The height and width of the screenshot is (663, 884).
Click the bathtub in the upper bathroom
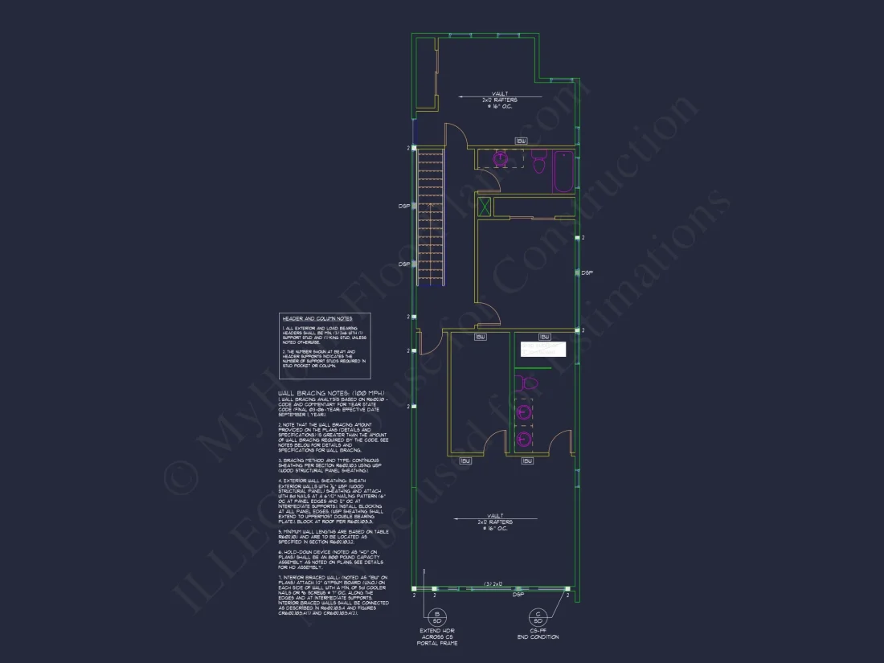pyautogui.click(x=563, y=171)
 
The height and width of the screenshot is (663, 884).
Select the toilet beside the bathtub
pyautogui.click(x=538, y=162)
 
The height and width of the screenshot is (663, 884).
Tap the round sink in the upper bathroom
pyautogui.click(x=501, y=159)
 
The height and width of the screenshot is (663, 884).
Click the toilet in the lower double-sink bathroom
pyautogui.click(x=528, y=383)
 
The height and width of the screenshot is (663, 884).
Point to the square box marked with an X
pyautogui.click(x=485, y=207)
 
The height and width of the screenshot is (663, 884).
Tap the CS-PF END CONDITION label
pyautogui.click(x=538, y=636)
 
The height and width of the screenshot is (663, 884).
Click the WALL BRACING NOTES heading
pyautogui.click(x=331, y=393)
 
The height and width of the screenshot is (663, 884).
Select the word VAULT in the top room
pyautogui.click(x=499, y=95)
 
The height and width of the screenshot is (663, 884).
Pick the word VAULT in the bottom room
pyautogui.click(x=495, y=515)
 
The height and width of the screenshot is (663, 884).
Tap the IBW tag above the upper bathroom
pyautogui.click(x=521, y=141)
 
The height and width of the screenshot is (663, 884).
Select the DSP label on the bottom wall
pyautogui.click(x=518, y=595)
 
